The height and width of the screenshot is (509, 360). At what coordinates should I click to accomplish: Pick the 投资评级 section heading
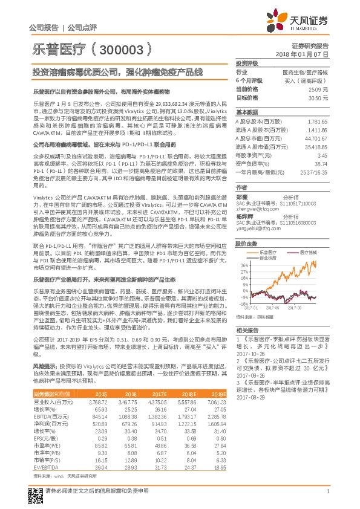[247, 63]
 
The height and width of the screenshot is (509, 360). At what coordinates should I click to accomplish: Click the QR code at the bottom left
[34, 493]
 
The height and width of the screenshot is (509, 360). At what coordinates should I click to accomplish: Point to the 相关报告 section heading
[247, 330]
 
